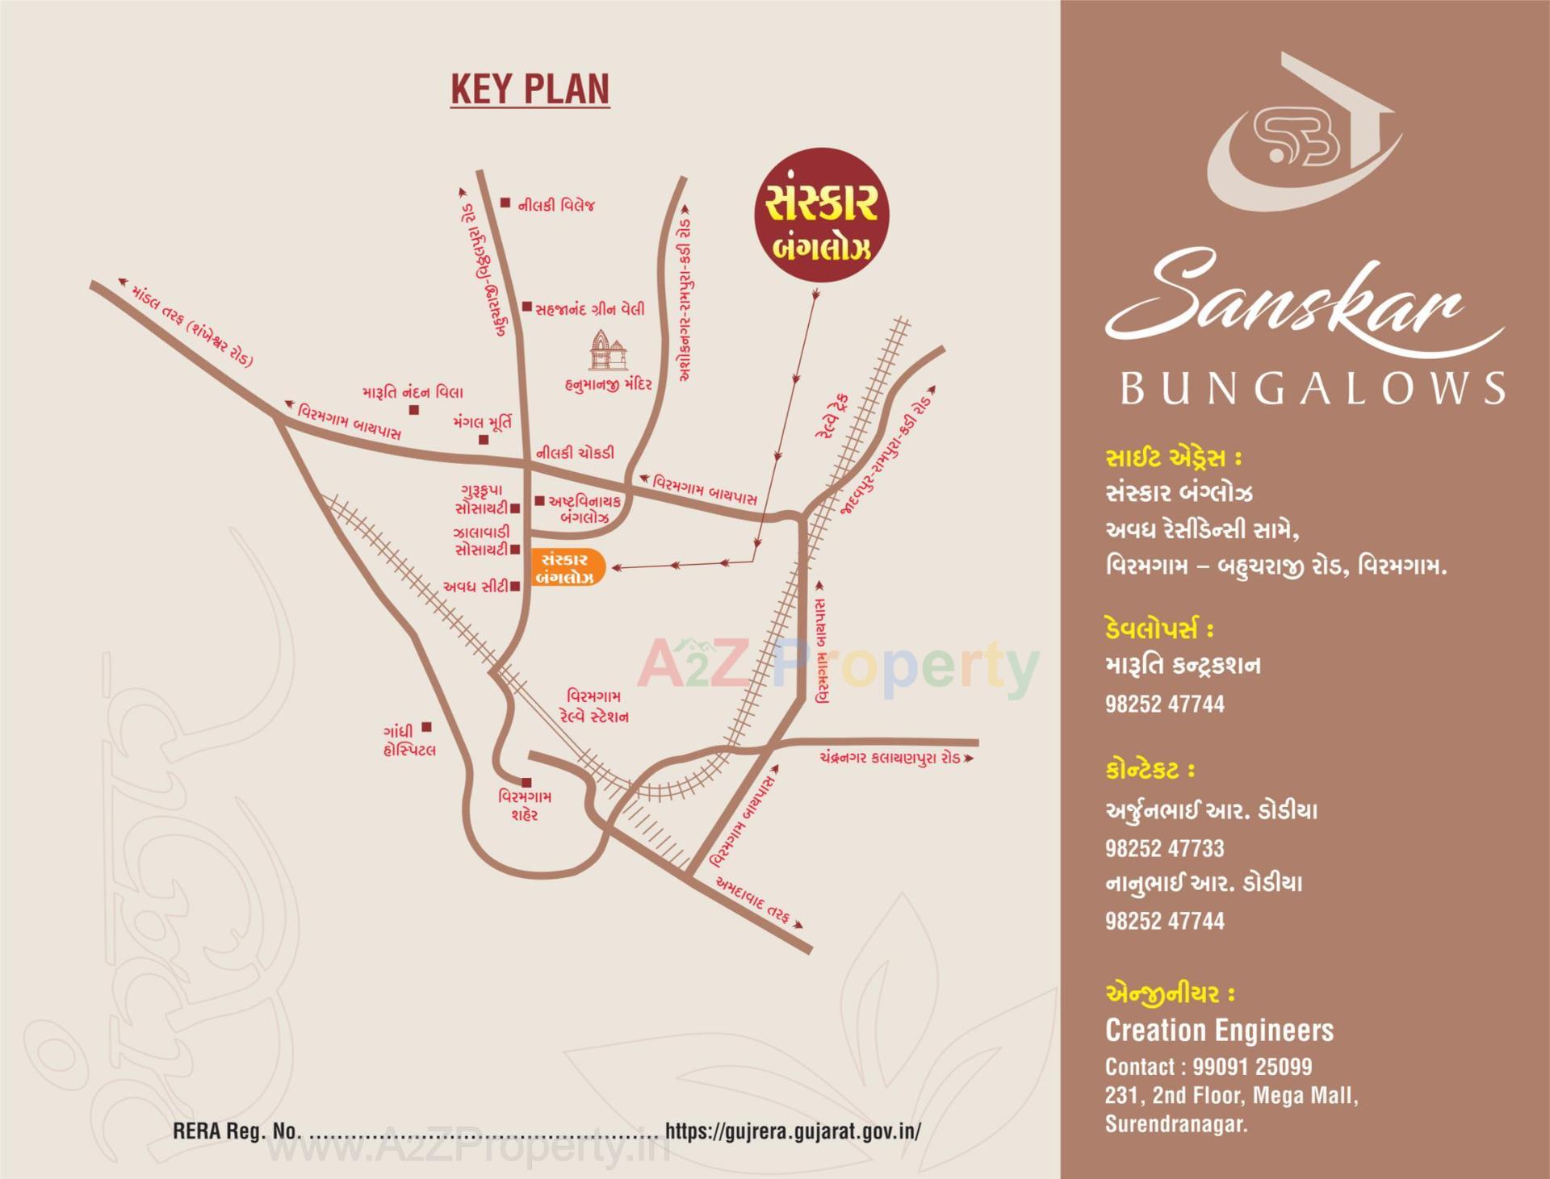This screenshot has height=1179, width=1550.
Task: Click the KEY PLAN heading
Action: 530,89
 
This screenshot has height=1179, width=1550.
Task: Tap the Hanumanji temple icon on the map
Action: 610,352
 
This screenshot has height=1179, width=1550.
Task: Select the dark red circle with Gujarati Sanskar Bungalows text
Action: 819,215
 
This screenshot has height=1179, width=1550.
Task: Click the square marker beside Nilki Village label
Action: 505,203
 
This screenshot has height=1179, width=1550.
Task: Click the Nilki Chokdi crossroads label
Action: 575,454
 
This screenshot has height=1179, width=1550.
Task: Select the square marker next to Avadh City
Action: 515,587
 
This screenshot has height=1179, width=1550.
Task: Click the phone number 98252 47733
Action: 1164,848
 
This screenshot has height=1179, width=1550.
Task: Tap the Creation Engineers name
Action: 1219,1031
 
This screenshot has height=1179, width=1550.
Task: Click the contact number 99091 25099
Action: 1252,1067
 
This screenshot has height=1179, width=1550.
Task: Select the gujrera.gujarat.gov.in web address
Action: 792,1131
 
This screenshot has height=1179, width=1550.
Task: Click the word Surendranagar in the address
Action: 1175,1124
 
